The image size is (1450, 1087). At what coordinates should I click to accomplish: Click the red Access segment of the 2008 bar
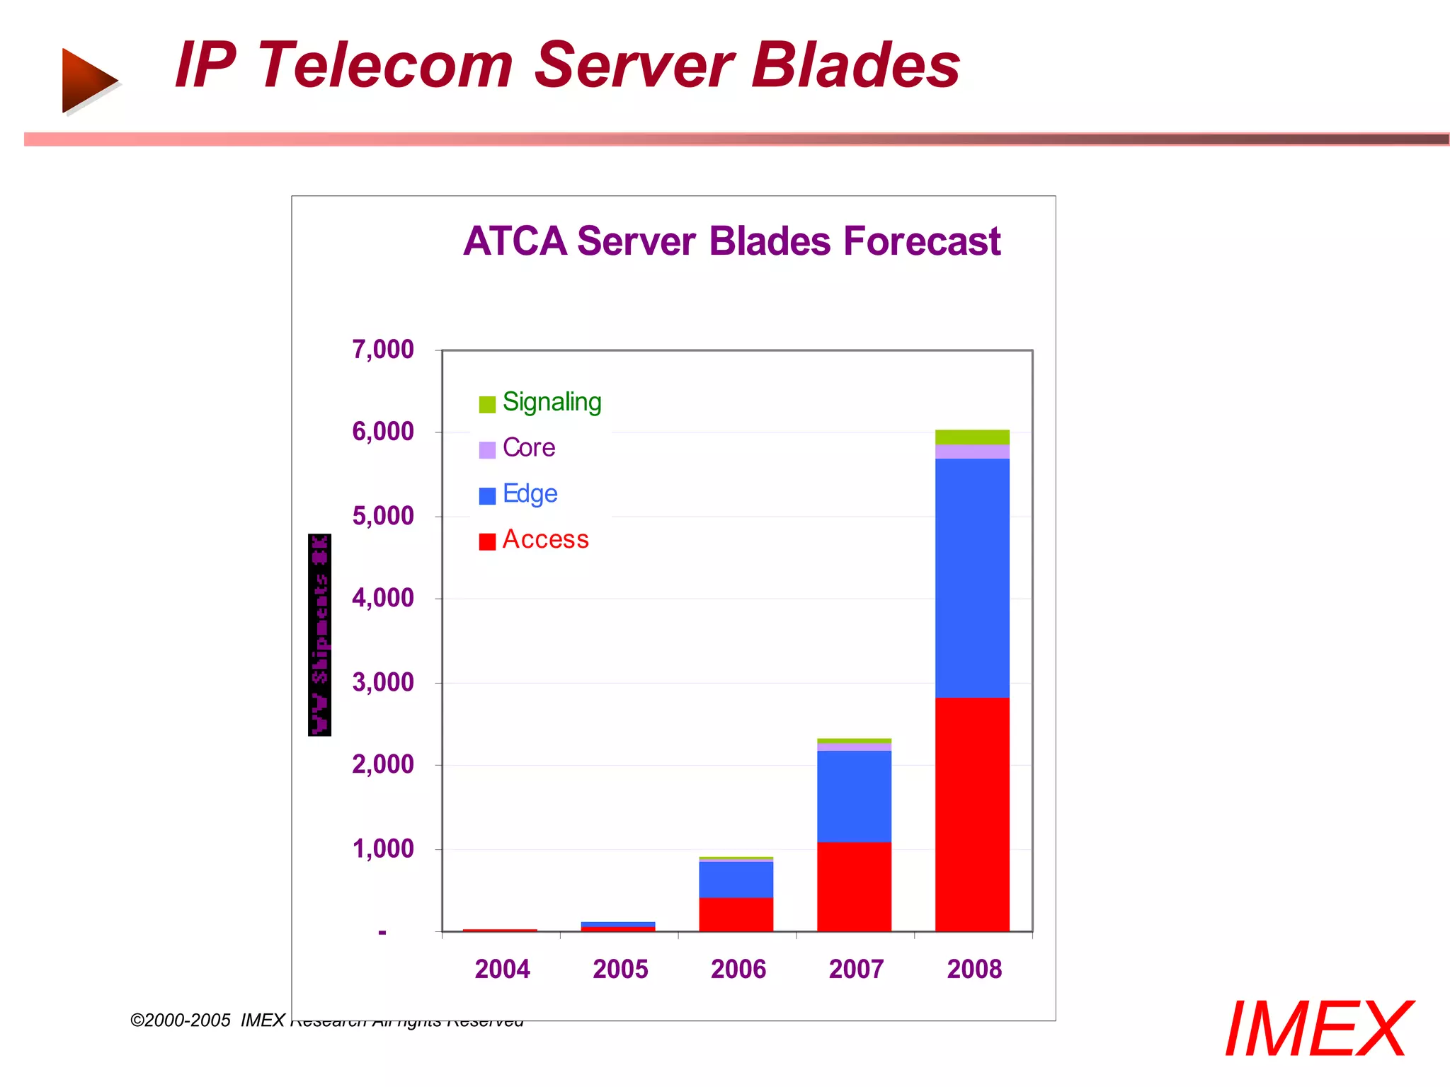971,814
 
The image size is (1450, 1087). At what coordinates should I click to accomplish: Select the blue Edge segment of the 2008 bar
971,577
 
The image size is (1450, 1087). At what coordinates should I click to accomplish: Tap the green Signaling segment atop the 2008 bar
971,437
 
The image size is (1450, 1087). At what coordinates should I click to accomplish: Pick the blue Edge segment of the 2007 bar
854,796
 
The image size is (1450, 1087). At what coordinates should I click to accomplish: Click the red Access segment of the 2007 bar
854,886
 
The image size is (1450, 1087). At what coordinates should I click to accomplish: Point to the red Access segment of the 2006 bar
736,914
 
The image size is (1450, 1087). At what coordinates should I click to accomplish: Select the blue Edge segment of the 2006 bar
736,879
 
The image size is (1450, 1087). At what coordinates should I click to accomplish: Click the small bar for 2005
617,926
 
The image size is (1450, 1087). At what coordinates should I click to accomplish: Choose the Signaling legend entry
541,403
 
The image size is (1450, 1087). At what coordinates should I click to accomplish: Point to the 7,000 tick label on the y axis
383,350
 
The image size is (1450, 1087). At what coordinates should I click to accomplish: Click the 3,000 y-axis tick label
383,682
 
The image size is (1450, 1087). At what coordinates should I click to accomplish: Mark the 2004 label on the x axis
502,969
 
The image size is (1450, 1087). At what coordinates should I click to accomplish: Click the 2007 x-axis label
856,969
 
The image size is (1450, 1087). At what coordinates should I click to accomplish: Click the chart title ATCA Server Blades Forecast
731,241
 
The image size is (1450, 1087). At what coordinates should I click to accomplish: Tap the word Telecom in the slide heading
384,65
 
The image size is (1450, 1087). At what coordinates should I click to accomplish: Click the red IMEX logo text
1318,1030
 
